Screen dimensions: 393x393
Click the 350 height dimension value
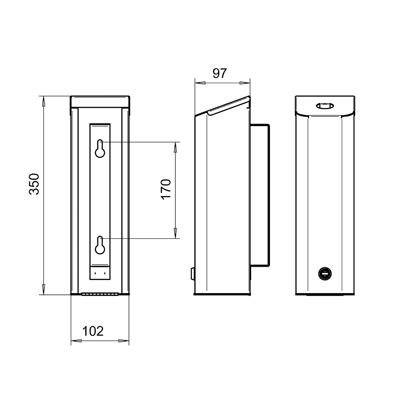tap(34, 184)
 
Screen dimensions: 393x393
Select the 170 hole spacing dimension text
tap(166, 189)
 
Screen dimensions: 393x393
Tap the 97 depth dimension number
tap(220, 74)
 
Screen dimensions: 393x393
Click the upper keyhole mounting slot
tap(100, 149)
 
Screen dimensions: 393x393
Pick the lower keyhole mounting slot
tap(100, 245)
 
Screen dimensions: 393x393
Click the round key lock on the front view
tap(325, 274)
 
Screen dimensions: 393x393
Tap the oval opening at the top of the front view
tap(325, 106)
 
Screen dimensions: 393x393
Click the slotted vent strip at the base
tap(100, 294)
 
